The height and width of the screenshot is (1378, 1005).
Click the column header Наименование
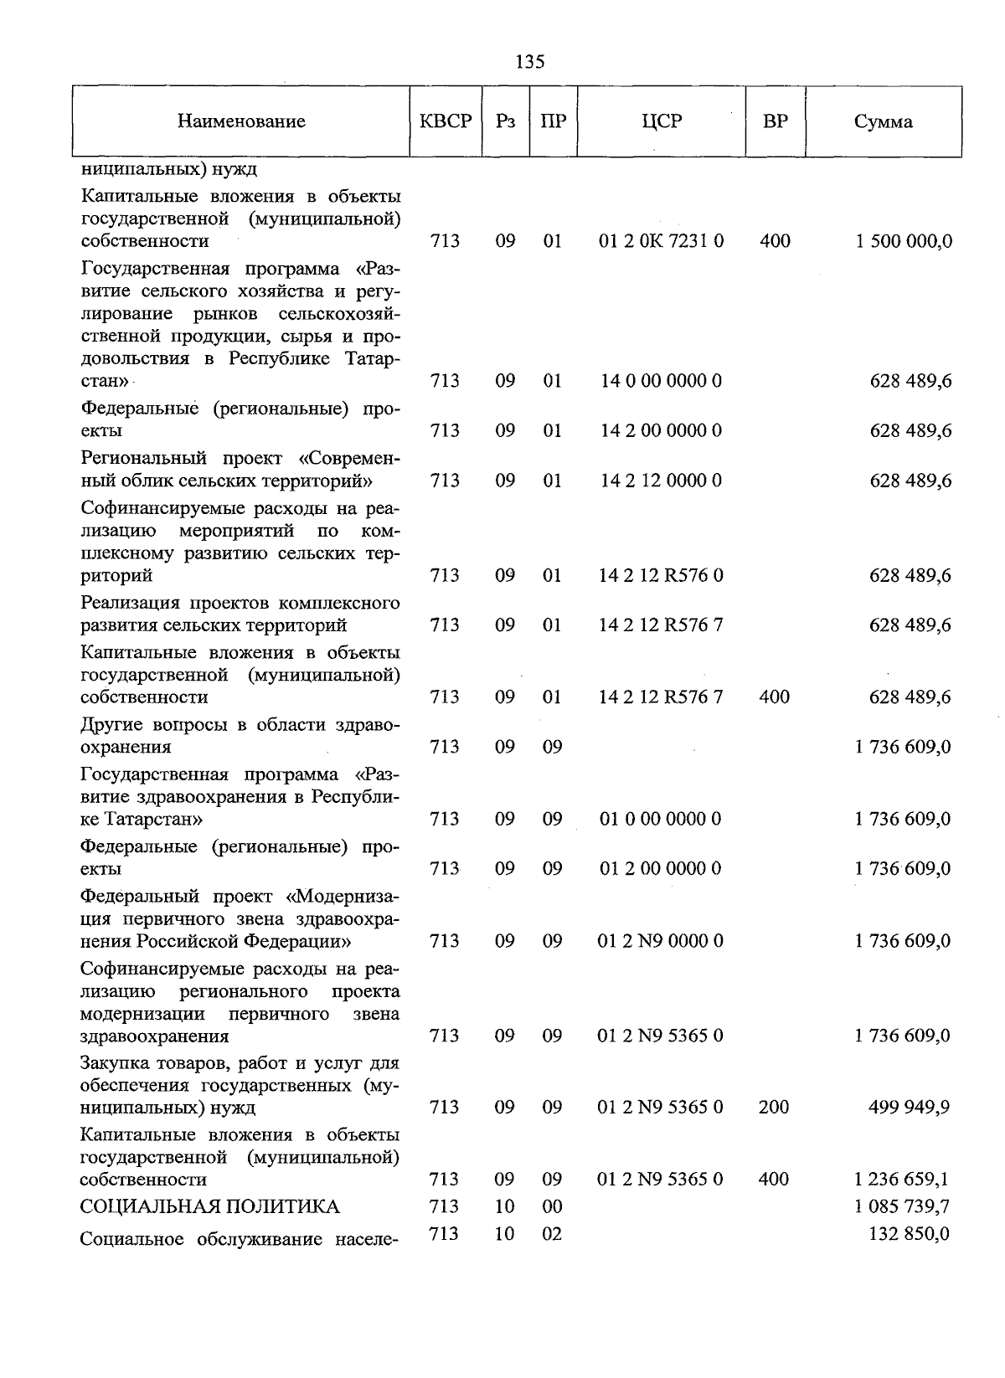(x=241, y=122)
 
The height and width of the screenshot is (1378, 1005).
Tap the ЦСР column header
(x=661, y=121)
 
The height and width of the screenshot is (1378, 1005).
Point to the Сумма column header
(x=883, y=122)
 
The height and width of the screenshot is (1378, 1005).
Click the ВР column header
(x=775, y=121)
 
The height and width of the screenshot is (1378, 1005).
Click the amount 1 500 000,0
(x=903, y=242)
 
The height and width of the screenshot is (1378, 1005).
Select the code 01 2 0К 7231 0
(x=661, y=242)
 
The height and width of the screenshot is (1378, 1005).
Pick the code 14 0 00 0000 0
(x=661, y=382)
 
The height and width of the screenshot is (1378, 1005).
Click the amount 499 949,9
(x=910, y=1108)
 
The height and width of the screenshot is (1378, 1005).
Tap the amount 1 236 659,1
(x=902, y=1180)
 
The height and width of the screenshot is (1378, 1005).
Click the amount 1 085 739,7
(x=902, y=1207)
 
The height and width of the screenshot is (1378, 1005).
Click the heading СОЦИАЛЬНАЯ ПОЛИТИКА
(x=209, y=1207)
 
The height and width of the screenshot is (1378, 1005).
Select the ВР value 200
(x=774, y=1108)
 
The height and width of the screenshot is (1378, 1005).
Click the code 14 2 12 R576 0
(x=661, y=576)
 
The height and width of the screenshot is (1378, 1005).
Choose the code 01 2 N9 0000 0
(x=661, y=942)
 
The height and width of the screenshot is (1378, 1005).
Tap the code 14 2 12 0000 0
(x=661, y=481)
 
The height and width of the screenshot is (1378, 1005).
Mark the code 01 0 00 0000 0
(x=661, y=820)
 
